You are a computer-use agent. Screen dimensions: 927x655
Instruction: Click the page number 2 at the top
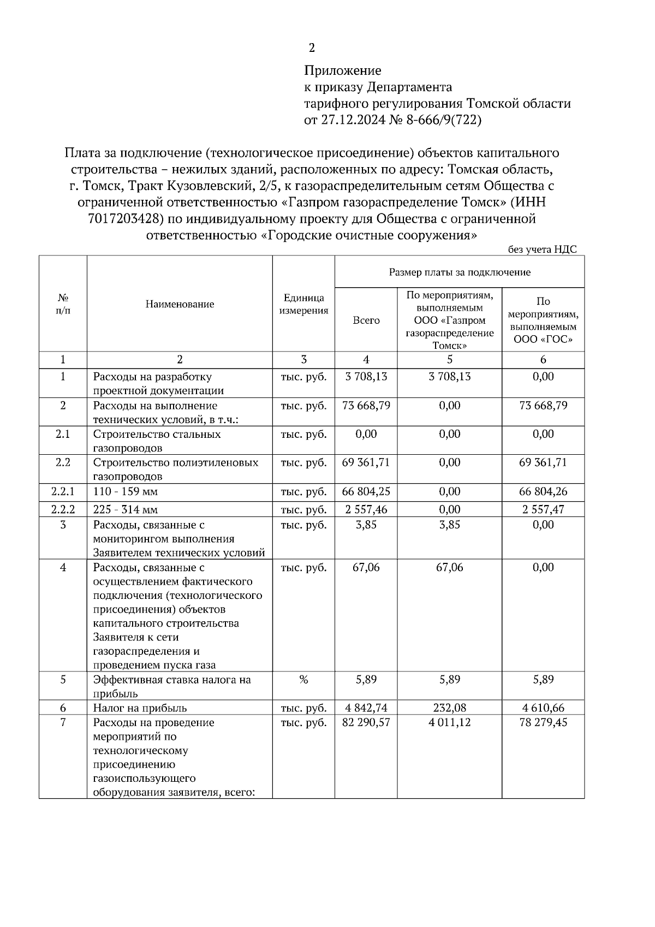(312, 48)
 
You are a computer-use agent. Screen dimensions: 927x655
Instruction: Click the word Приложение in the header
(342, 70)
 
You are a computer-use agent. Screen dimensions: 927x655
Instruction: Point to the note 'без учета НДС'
(542, 249)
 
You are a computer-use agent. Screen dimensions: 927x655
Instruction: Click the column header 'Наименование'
(180, 304)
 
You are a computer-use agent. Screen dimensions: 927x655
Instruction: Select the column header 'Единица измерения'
(303, 304)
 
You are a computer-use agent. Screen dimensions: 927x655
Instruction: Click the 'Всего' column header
(366, 320)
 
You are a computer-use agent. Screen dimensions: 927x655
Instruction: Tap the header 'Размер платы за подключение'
(459, 272)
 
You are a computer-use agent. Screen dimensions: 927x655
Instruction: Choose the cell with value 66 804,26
(543, 491)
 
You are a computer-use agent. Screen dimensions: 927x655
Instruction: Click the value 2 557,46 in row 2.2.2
(366, 509)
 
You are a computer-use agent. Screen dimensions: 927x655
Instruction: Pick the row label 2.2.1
(63, 491)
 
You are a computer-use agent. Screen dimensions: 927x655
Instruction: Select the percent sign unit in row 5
(303, 680)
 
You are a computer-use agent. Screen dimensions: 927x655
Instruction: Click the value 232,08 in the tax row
(449, 708)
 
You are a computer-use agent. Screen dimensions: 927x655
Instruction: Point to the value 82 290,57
(366, 722)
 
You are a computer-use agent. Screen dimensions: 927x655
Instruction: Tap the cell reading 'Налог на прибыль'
(140, 708)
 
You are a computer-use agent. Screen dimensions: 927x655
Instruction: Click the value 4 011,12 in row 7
(449, 722)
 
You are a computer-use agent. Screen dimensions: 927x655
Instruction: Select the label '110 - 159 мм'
(126, 491)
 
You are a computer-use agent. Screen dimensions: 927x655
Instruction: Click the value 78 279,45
(543, 722)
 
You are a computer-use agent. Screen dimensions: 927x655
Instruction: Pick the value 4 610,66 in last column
(543, 708)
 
